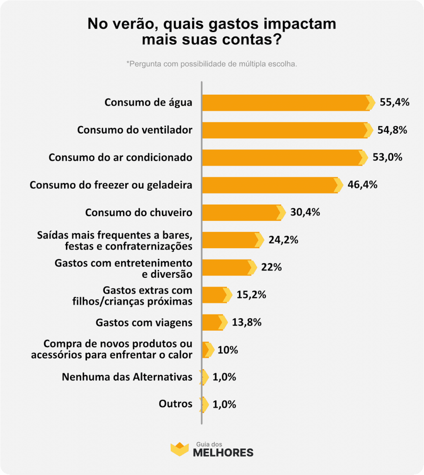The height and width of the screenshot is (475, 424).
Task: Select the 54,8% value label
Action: (392, 130)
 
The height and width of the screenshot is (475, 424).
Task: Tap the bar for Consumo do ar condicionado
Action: (282, 158)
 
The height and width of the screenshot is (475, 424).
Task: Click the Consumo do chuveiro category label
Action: (139, 212)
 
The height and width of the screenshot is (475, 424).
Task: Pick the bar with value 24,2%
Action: (230, 240)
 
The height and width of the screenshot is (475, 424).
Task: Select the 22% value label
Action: (271, 267)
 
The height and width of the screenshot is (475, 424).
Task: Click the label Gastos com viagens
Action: (144, 322)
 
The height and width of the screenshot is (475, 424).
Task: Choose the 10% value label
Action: (227, 350)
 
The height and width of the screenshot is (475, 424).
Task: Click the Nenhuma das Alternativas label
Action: (127, 377)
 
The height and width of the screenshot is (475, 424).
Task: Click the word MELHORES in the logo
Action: (223, 452)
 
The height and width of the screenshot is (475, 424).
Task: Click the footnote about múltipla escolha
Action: (212, 64)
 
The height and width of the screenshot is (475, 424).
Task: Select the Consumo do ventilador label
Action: (135, 130)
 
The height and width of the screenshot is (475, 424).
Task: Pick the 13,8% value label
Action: (246, 322)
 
